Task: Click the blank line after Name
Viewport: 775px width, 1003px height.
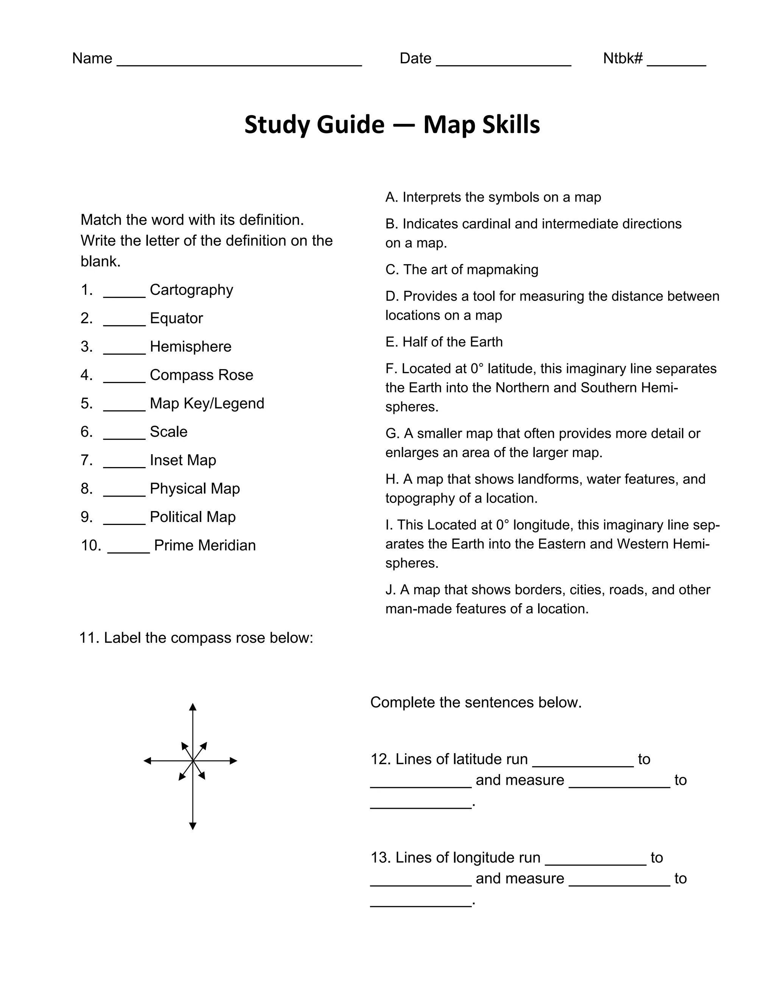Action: coord(239,64)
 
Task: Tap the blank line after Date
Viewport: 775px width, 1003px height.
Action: coord(503,64)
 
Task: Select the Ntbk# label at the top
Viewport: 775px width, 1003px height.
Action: coord(622,58)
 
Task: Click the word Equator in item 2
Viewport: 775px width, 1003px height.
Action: coord(176,318)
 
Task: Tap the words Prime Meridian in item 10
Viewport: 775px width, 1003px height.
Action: coord(205,545)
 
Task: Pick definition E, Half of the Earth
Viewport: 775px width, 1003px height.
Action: coord(444,342)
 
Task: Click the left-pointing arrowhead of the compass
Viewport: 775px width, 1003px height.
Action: coord(147,761)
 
